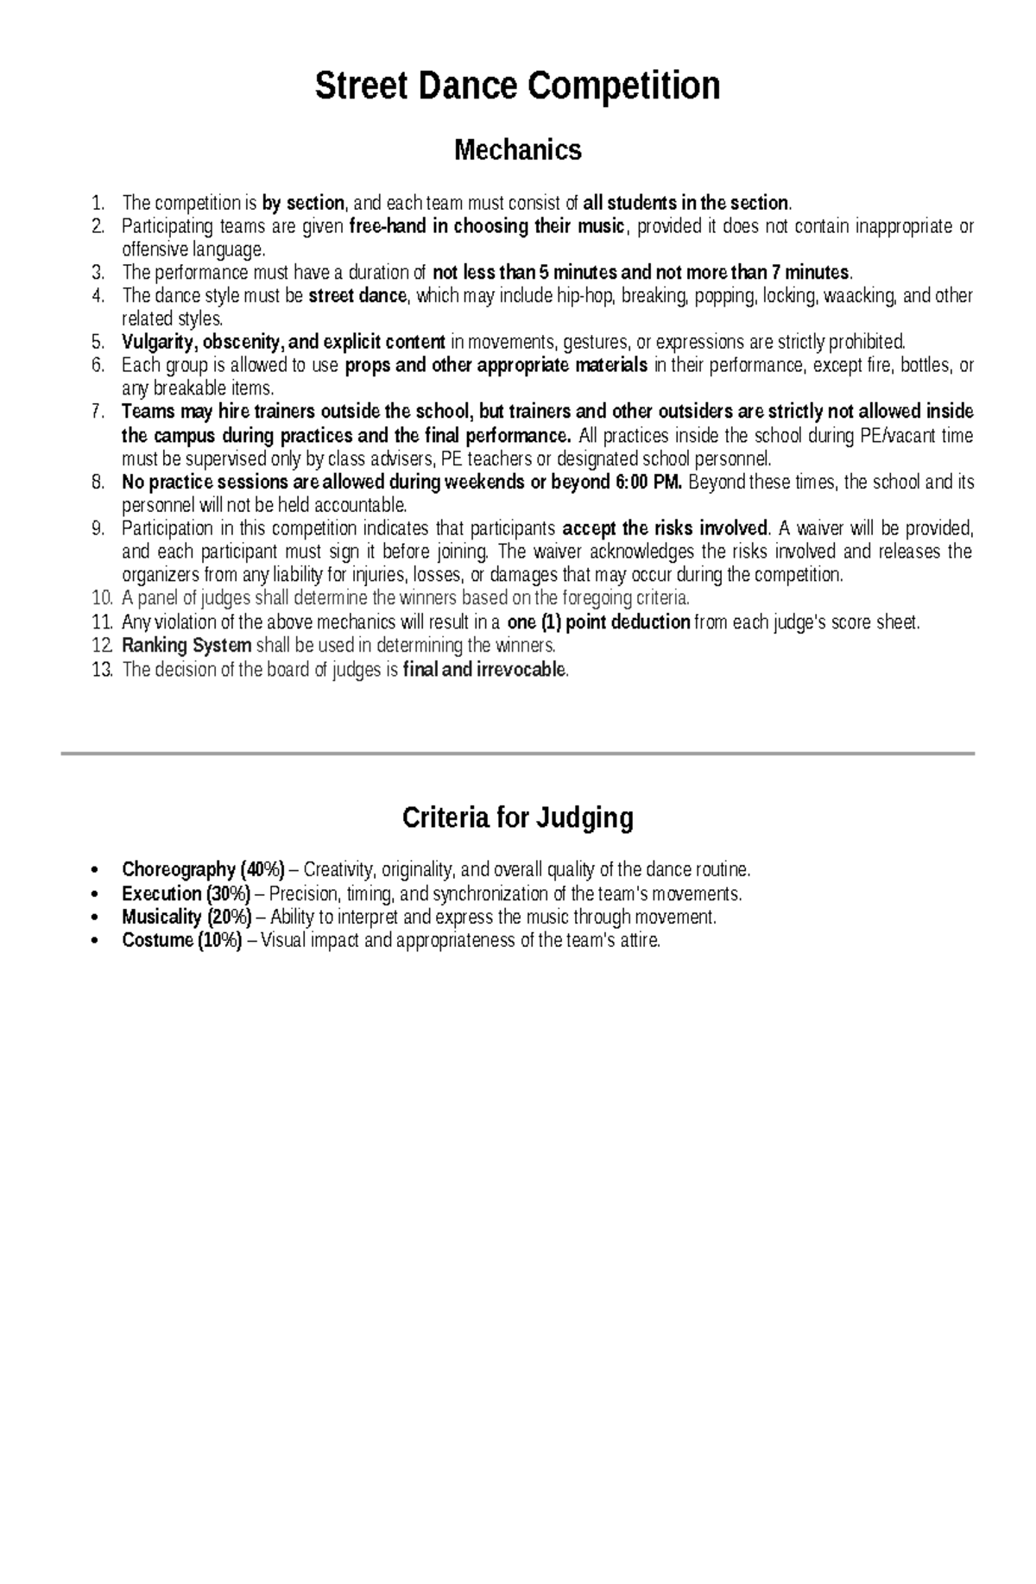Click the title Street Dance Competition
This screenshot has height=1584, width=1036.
[x=517, y=86]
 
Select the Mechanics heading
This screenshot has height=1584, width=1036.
[x=517, y=150]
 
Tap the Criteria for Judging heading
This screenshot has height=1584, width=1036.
[x=517, y=817]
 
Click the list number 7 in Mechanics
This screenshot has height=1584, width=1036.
[x=98, y=412]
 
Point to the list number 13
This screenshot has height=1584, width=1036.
[x=101, y=669]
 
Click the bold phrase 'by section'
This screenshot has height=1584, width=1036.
[x=303, y=204]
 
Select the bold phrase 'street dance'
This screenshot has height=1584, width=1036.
[x=357, y=296]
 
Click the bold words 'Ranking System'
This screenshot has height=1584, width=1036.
[x=186, y=646]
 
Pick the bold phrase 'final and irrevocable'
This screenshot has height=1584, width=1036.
[x=484, y=669]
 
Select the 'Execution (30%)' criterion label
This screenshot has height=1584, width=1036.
[x=186, y=893]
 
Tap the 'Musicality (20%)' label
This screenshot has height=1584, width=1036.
[x=186, y=917]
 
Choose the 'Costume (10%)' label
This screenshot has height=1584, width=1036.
[x=182, y=940]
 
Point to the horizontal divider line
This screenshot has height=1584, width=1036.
[x=517, y=754]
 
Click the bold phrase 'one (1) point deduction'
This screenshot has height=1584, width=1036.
[x=598, y=622]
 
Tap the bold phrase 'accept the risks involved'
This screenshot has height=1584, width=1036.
[x=665, y=528]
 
